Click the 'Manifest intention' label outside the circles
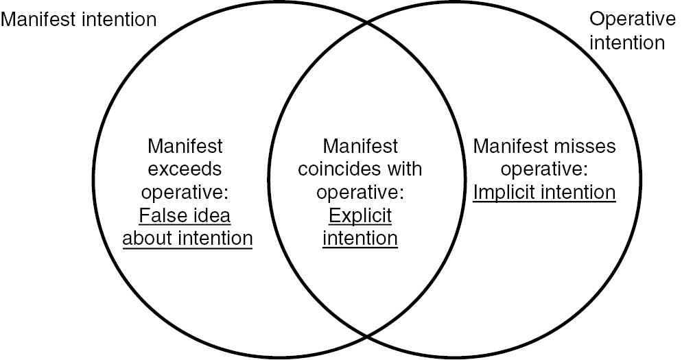pos(78,20)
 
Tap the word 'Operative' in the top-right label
pos(633,19)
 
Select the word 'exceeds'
pos(185,169)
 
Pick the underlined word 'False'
pos(159,215)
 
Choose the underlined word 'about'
pos(148,238)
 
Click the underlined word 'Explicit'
pos(360,215)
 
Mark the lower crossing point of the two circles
pos(367,336)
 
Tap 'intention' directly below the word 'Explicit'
pos(360,238)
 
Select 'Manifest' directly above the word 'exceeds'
pos(185,146)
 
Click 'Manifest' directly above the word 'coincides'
pos(360,146)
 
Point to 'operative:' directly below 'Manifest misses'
pos(544,169)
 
